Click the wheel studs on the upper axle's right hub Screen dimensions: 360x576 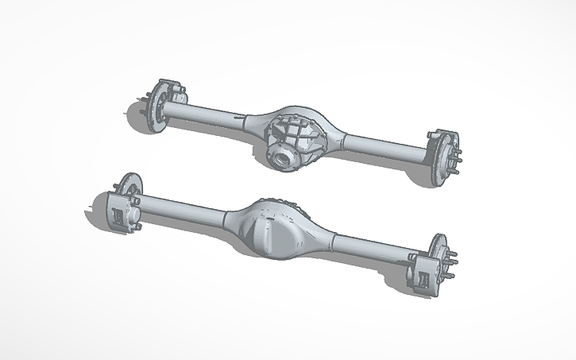[x=456, y=160]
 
